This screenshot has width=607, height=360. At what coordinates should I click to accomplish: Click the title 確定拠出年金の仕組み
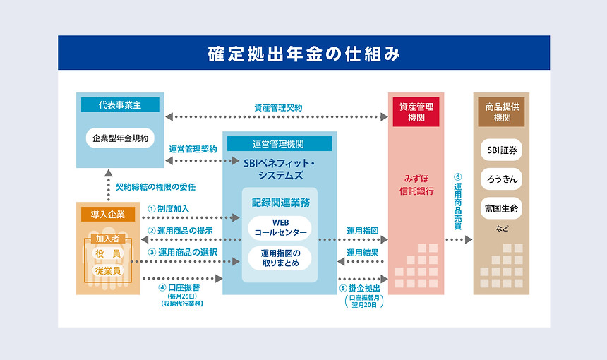(304, 54)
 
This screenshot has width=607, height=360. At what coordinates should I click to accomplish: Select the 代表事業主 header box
(120, 105)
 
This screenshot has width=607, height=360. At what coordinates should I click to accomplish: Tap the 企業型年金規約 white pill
(120, 138)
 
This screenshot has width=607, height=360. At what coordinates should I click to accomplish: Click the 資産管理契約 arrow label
(278, 108)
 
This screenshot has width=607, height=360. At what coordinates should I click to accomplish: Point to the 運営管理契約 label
(193, 150)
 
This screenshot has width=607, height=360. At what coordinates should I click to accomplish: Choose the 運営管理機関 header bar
(280, 144)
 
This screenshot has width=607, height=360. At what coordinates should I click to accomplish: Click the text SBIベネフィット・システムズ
(280, 169)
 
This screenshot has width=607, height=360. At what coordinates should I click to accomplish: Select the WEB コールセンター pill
(280, 227)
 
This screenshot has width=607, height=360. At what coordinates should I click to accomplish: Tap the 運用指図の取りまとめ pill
(280, 258)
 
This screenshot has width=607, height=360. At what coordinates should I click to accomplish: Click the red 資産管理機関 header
(416, 112)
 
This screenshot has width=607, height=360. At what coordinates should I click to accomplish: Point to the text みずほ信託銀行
(416, 185)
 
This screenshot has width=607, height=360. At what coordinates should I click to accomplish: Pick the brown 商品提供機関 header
(501, 112)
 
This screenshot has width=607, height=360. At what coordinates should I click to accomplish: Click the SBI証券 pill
(501, 150)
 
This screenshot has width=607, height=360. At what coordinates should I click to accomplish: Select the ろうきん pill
(501, 179)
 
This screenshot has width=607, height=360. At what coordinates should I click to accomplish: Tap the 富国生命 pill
(501, 208)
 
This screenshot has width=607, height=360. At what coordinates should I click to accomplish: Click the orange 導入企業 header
(108, 214)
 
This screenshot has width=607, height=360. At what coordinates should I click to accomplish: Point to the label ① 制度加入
(169, 209)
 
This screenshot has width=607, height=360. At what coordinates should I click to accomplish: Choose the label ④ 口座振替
(179, 287)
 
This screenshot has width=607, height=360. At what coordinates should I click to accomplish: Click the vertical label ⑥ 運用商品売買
(457, 202)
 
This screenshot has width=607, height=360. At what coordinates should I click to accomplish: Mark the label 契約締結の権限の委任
(155, 187)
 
